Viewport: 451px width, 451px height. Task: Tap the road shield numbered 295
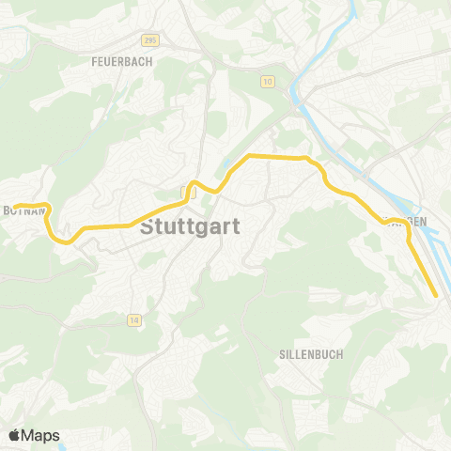pos(150,40)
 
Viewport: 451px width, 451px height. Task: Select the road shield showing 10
pos(268,83)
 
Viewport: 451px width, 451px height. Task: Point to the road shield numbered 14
pos(135,320)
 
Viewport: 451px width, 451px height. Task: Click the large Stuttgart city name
pos(190,227)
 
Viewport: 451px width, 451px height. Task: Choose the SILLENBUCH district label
pos(310,354)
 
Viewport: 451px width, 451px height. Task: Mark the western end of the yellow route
pos(14,206)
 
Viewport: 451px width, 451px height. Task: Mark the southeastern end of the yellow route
pos(437,295)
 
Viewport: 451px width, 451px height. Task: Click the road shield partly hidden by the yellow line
pos(186,191)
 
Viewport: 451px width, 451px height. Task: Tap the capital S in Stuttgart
pos(148,227)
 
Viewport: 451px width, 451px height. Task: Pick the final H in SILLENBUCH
pos(339,354)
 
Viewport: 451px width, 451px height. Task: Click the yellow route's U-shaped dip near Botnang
pos(59,239)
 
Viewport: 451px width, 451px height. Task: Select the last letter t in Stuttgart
pos(236,227)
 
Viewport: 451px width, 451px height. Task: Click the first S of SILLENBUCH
pos(282,354)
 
